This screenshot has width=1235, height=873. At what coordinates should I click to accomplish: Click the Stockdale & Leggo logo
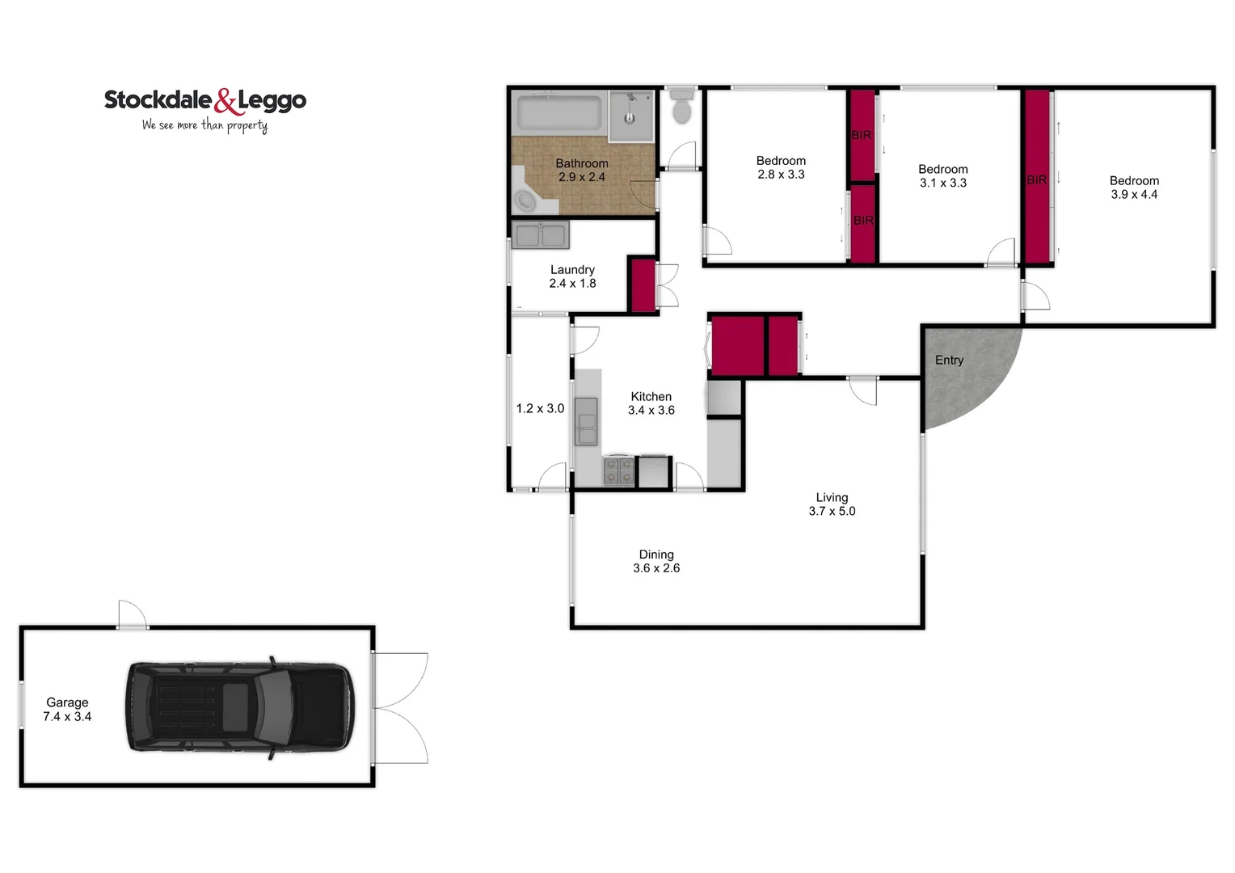[205, 102]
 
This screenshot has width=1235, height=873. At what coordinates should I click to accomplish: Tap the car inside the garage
[239, 707]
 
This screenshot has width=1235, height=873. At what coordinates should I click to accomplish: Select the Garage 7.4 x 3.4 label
[67, 710]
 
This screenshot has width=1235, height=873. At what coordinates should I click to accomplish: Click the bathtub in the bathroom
[558, 113]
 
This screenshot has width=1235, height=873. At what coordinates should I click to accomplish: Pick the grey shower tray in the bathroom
[631, 116]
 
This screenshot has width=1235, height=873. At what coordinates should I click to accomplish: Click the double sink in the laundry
[540, 235]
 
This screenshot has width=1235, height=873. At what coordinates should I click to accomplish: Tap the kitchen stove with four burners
[619, 471]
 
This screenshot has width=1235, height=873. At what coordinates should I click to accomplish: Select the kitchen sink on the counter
[586, 421]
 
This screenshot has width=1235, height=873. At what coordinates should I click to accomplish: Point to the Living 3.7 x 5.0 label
[832, 504]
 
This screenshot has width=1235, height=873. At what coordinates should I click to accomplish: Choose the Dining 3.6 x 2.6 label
[656, 561]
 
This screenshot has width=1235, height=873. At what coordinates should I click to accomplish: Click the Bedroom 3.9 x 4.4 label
[1133, 188]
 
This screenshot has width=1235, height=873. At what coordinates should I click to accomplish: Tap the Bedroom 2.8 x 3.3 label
[781, 167]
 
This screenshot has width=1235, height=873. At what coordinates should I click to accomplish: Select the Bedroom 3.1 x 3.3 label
[942, 176]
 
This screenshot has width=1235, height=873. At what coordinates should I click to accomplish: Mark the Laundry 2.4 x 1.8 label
[572, 276]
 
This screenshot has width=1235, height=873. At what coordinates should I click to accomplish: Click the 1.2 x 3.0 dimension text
[540, 408]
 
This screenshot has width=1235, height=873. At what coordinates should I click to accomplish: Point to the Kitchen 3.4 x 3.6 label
[651, 403]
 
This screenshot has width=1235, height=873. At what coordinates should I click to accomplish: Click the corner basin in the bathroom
[525, 200]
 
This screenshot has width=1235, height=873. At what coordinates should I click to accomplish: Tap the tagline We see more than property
[204, 125]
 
